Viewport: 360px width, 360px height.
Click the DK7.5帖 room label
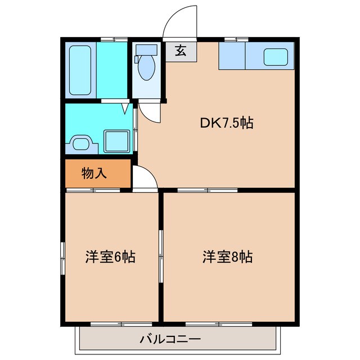click(x=227, y=123)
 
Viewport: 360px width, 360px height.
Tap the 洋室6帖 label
click(x=110, y=257)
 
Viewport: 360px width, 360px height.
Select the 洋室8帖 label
click(x=227, y=257)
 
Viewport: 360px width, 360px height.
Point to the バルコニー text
click(x=170, y=339)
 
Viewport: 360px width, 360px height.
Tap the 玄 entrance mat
click(x=181, y=51)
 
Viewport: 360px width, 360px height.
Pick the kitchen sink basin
click(x=276, y=56)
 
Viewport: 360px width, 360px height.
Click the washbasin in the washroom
click(x=82, y=143)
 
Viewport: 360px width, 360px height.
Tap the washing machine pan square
click(x=117, y=140)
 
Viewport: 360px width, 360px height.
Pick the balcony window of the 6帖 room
click(x=121, y=323)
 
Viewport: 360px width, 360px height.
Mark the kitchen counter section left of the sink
click(x=231, y=56)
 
